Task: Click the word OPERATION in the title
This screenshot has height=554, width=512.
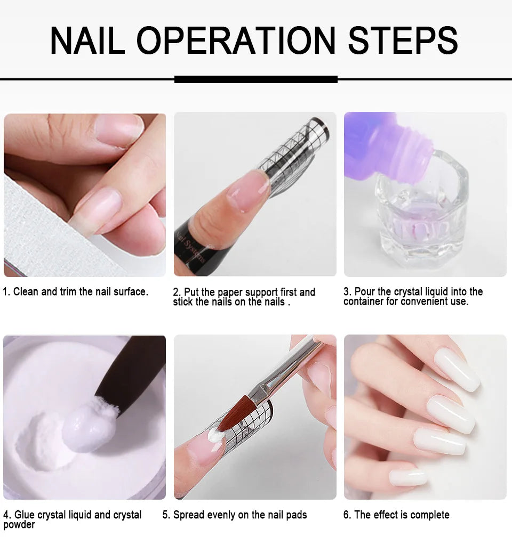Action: coord(236,40)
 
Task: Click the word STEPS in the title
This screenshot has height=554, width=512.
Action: coord(403,40)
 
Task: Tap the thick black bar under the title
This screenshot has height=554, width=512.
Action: coord(256,79)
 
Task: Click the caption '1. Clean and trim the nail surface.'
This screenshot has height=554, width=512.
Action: coord(76,291)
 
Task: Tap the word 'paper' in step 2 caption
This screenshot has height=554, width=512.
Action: coord(230,292)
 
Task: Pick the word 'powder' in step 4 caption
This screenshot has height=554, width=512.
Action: coord(19,525)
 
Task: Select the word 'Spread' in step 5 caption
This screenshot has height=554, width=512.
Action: coord(190,515)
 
